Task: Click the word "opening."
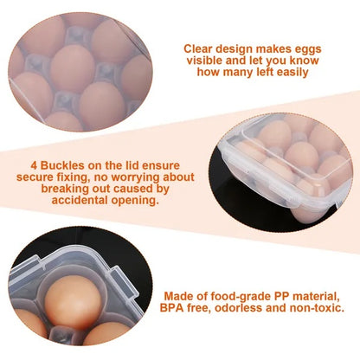tap(135, 198)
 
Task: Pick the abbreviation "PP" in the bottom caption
tap(282, 295)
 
